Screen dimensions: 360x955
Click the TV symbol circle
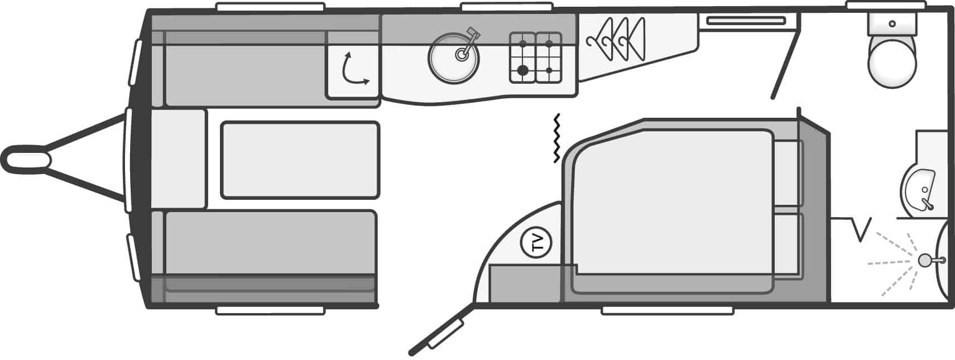pyautogui.click(x=536, y=243)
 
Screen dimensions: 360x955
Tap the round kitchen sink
pyautogui.click(x=454, y=59)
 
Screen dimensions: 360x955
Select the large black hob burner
pyautogui.click(x=523, y=70)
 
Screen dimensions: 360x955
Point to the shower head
pyautogui.click(x=926, y=260)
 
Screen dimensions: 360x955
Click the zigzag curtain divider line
pyautogui.click(x=557, y=138)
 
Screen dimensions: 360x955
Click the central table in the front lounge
pyautogui.click(x=300, y=160)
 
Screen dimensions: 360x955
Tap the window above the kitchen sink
pyautogui.click(x=507, y=7)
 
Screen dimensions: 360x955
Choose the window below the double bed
pyautogui.click(x=667, y=310)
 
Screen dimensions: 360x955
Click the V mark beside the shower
pyautogui.click(x=861, y=229)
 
